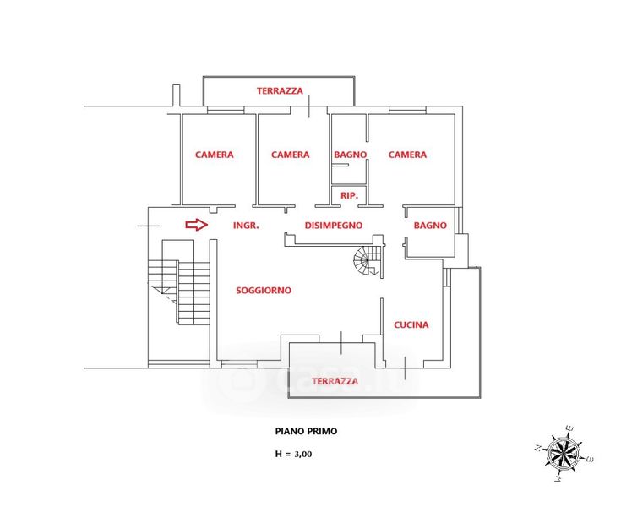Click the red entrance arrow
[196, 225]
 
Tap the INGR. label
[245, 226]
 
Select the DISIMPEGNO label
[334, 226]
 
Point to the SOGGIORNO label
[264, 290]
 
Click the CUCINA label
[411, 324]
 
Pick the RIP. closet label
[349, 195]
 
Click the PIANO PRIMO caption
[306, 431]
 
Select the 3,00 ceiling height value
[302, 454]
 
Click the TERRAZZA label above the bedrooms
[280, 90]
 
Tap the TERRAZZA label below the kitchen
[335, 381]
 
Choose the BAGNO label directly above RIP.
[350, 155]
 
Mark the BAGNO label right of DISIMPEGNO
[430, 226]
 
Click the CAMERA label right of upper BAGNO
[407, 155]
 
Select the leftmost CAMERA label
[214, 155]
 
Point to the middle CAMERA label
[290, 155]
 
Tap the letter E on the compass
[570, 428]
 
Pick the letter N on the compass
[537, 448]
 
